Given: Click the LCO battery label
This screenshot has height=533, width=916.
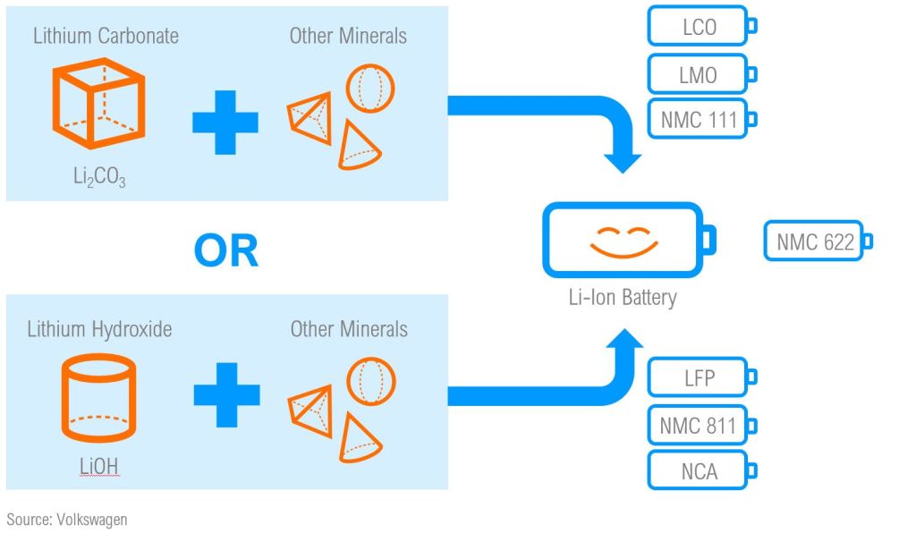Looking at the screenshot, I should (x=699, y=27).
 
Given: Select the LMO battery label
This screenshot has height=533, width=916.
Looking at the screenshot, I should (x=698, y=74).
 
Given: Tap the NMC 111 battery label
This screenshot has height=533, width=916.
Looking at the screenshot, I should (x=698, y=120).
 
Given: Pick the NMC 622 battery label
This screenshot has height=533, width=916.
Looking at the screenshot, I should (x=814, y=241).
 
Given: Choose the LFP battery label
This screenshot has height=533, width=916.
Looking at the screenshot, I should (x=698, y=378).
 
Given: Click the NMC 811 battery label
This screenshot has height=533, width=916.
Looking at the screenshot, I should (x=698, y=425).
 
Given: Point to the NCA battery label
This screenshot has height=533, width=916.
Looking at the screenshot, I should (x=698, y=471).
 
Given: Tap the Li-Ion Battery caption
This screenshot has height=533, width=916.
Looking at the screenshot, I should (x=623, y=297).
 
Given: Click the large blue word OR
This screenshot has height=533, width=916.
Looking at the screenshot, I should (x=225, y=251).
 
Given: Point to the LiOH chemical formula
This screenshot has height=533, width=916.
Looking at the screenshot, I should (x=98, y=465).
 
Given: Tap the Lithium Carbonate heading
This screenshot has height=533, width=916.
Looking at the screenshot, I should (x=106, y=37).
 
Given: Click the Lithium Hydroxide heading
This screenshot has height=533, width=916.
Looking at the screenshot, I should (x=99, y=329).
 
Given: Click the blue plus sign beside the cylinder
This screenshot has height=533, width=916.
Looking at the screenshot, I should (x=226, y=394).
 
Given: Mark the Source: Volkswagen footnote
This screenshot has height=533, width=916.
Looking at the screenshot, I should (x=67, y=519).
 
